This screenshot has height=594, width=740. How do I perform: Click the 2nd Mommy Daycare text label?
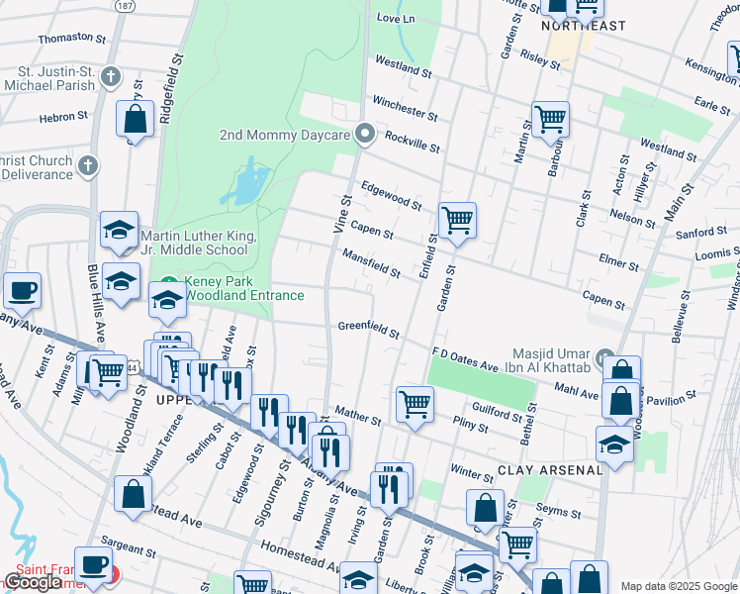(x=285, y=135)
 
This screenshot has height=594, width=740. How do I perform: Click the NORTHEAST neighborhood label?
(x=584, y=26)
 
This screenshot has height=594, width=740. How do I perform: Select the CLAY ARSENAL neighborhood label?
(x=550, y=470)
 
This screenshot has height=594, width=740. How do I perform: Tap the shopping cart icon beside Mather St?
(x=415, y=403)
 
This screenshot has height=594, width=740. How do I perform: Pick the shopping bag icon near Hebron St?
(x=134, y=119)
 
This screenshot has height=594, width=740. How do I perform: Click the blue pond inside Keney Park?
(x=247, y=184)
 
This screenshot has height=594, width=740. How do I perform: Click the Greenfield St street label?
(x=368, y=329)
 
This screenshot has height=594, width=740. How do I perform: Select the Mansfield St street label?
(x=371, y=263)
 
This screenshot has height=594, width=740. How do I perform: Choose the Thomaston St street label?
(x=71, y=38)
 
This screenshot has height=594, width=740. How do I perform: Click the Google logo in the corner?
(x=33, y=582)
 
